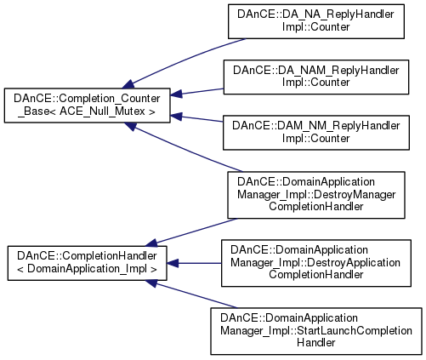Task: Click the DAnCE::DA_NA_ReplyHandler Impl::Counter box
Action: (x=316, y=21)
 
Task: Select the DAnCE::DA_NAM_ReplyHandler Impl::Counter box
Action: (x=316, y=77)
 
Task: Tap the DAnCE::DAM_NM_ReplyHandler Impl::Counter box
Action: (x=316, y=133)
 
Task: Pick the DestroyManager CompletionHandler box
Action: (x=316, y=195)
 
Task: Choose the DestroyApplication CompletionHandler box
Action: (x=316, y=263)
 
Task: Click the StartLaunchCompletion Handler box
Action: (x=316, y=331)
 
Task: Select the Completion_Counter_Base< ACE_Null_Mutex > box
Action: (x=87, y=106)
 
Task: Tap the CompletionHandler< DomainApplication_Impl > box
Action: (x=87, y=263)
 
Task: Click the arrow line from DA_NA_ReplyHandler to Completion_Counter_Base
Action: (x=185, y=60)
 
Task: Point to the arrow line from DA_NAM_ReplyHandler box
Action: (x=197, y=92)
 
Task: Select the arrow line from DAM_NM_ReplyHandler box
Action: (x=197, y=118)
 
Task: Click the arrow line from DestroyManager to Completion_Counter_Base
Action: (x=185, y=148)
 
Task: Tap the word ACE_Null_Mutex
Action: (x=103, y=111)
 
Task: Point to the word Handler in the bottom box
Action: (x=316, y=343)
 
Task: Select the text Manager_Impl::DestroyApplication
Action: (x=315, y=263)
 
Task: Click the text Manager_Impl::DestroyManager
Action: (x=316, y=195)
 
